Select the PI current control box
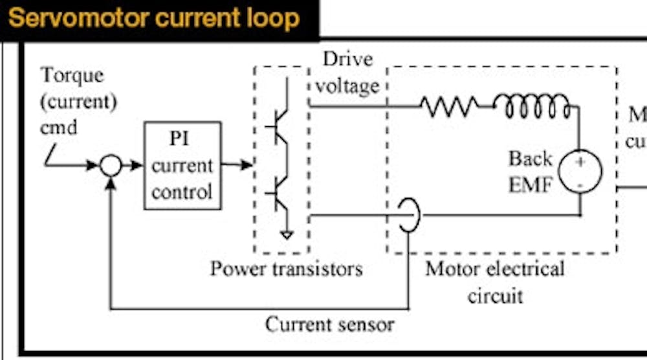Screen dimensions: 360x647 (x=182, y=166)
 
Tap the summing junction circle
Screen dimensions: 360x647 (x=111, y=166)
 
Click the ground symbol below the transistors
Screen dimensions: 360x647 (x=287, y=234)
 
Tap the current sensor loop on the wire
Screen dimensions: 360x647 (x=409, y=216)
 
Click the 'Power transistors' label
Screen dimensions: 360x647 (x=286, y=268)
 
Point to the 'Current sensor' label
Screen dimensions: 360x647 (x=329, y=323)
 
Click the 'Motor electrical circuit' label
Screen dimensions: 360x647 (x=494, y=282)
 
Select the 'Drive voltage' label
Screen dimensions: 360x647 (x=349, y=73)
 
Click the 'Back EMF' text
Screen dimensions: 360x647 (x=530, y=172)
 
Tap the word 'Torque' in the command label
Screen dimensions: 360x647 (x=72, y=75)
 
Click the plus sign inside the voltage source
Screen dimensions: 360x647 (x=580, y=162)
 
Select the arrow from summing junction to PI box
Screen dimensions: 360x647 (x=133, y=166)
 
